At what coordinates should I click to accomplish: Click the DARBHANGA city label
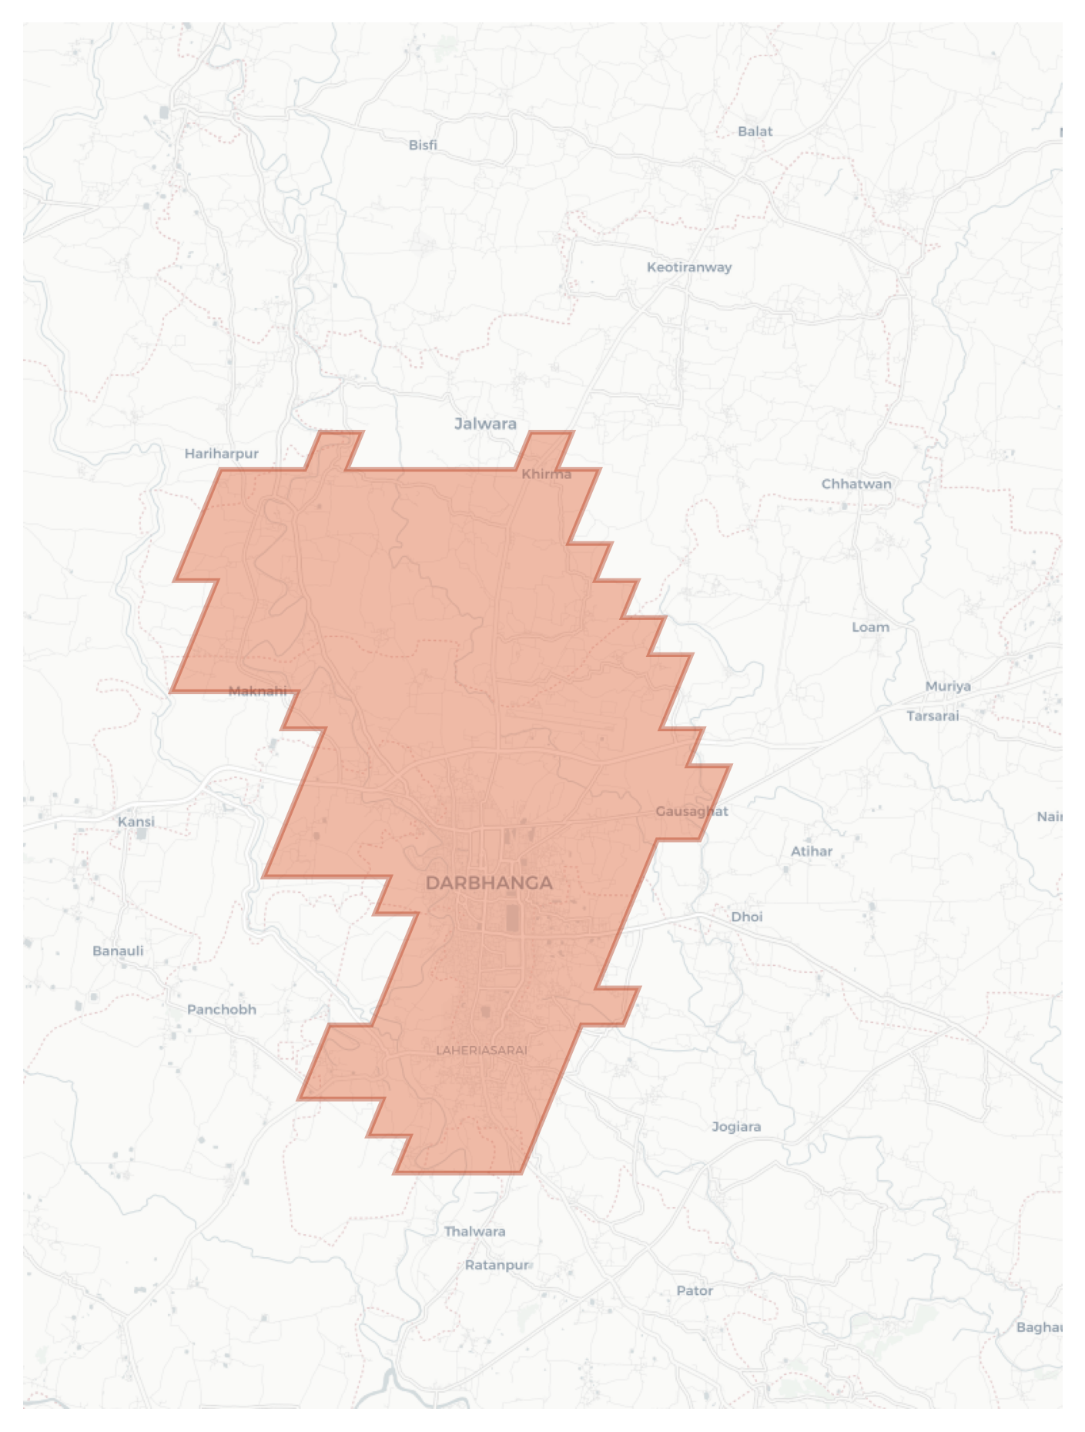(489, 883)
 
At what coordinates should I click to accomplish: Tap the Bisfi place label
(423, 145)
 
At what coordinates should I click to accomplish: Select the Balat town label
(755, 131)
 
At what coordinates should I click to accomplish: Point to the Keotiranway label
(688, 267)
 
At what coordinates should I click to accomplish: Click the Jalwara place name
(485, 423)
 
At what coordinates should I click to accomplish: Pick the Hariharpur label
(221, 454)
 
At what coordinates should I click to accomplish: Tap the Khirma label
(546, 474)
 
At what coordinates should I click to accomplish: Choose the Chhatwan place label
(856, 484)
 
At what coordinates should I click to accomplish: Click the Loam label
(870, 627)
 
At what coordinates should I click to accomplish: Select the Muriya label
(947, 686)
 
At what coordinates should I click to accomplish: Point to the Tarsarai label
(932, 716)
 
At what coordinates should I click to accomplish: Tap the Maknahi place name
(257, 691)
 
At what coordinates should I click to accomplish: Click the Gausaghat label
(692, 811)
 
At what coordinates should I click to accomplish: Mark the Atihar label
(811, 851)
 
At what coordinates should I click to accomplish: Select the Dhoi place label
(746, 917)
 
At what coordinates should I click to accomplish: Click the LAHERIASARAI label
(481, 1050)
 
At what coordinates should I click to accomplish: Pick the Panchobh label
(221, 1009)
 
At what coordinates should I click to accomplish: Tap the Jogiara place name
(735, 1126)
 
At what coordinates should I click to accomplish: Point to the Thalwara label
(474, 1231)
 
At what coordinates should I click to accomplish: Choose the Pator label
(694, 1290)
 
